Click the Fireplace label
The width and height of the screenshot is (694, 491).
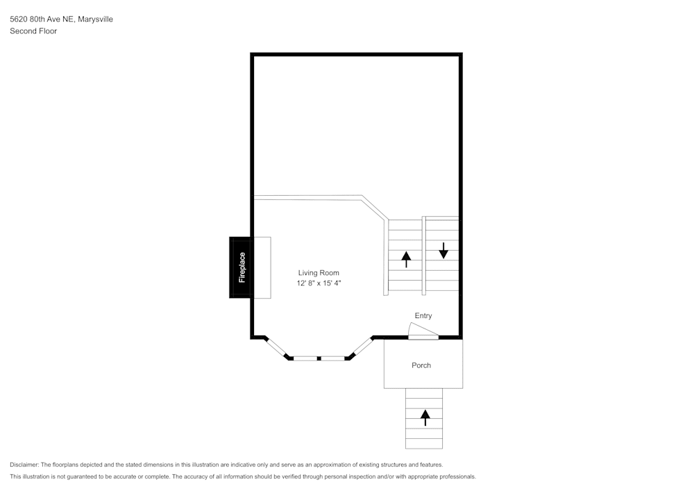pyautogui.click(x=242, y=267)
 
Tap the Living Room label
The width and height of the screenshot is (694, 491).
pyautogui.click(x=319, y=273)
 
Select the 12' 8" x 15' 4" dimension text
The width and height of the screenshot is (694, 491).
pyautogui.click(x=319, y=283)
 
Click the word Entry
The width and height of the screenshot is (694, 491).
pyautogui.click(x=423, y=316)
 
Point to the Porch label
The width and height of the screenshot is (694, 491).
pyautogui.click(x=421, y=365)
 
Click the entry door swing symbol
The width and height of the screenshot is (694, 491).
pyautogui.click(x=423, y=331)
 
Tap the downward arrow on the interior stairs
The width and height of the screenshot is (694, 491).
pyautogui.click(x=443, y=251)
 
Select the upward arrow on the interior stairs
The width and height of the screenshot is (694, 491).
pyautogui.click(x=406, y=260)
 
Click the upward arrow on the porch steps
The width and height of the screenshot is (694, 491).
pyautogui.click(x=425, y=418)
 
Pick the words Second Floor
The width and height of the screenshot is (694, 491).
pyautogui.click(x=33, y=31)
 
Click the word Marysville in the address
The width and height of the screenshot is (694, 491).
pyautogui.click(x=95, y=19)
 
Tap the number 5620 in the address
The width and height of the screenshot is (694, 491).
pyautogui.click(x=18, y=19)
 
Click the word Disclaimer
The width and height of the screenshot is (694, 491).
pyautogui.click(x=24, y=465)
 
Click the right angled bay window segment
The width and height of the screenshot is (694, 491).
pyautogui.click(x=362, y=347)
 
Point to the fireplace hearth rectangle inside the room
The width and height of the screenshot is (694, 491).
pyautogui.click(x=262, y=267)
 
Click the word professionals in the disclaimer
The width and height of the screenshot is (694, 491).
pyautogui.click(x=457, y=477)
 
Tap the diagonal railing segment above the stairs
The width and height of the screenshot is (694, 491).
pyautogui.click(x=375, y=208)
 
